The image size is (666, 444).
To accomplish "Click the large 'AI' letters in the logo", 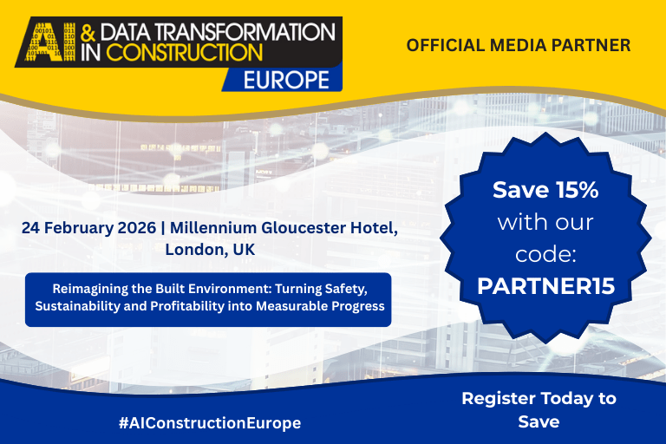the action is (50, 42).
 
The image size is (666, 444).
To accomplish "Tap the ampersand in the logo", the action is (88, 32).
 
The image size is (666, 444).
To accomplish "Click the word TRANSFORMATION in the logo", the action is (248, 32).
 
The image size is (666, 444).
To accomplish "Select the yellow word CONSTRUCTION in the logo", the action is (184, 52).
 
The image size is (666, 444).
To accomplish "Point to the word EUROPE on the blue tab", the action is (286, 80).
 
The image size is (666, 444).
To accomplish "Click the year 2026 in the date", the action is (136, 228).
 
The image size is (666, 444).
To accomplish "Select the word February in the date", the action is (78, 228).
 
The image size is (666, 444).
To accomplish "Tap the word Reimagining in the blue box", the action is (89, 289).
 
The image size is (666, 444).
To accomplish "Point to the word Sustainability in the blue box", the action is (77, 306).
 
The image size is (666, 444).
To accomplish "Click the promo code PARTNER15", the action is (545, 286).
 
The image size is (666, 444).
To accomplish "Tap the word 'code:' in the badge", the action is (545, 254).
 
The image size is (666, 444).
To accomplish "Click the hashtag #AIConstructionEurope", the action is (210, 423).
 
